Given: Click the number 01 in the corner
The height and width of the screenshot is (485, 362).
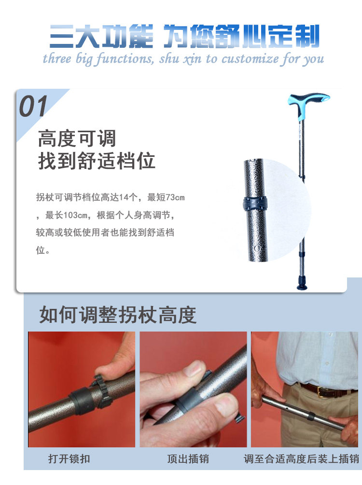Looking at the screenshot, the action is [33, 106].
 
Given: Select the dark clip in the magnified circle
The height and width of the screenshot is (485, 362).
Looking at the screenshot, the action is [255, 204].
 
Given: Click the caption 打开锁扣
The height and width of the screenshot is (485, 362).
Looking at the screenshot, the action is [69, 459].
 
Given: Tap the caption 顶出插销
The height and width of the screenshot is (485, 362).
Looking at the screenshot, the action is [188, 459].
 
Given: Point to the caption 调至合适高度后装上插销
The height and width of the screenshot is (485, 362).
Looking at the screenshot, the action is [301, 459].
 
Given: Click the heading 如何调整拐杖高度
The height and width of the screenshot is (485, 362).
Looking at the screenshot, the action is [118, 315].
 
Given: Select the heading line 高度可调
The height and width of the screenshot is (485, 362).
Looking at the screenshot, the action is [77, 139].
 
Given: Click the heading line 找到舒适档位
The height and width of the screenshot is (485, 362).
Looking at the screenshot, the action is [97, 161].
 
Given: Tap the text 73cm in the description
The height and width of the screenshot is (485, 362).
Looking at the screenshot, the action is [175, 197].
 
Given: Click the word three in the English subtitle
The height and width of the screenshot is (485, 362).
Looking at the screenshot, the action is [57, 58].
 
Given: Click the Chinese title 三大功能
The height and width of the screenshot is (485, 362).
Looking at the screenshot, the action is [101, 37].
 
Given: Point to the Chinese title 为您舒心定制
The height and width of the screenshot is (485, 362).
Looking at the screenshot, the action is [241, 37].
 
